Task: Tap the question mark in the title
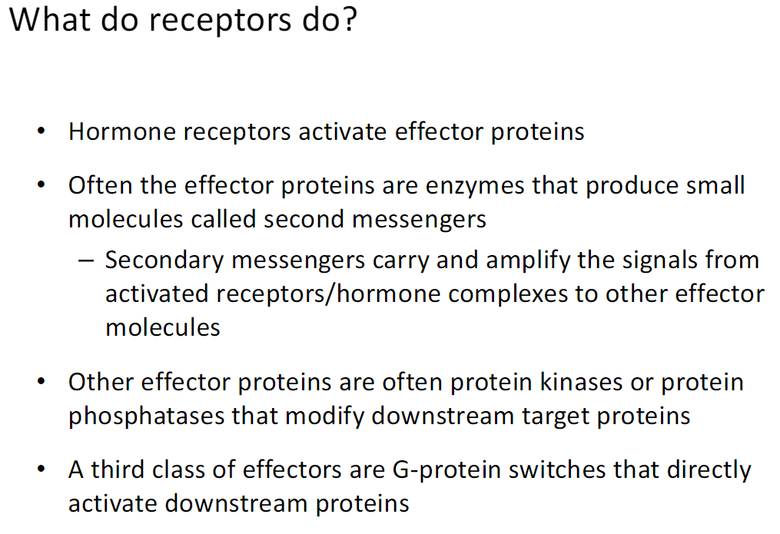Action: coord(349,20)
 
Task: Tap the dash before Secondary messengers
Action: coord(85,260)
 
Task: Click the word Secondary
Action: coord(164,260)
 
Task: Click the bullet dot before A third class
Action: coord(41,469)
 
